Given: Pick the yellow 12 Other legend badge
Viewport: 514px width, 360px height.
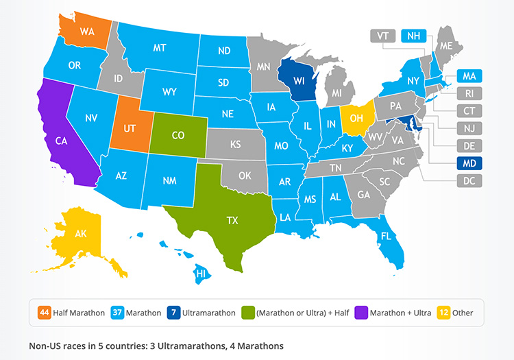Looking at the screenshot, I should tap(443, 313).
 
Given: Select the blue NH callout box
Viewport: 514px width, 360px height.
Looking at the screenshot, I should tap(414, 35).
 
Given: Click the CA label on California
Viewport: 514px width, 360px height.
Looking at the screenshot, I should tap(60, 141).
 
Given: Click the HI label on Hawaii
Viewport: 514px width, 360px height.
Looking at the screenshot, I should tap(201, 274).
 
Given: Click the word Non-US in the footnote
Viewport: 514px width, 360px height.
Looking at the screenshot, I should tap(46, 346).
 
